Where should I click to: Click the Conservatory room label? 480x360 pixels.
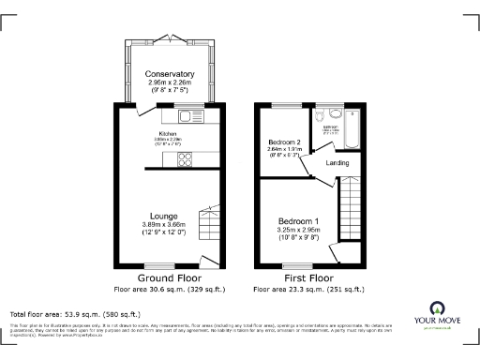[x=170, y=74]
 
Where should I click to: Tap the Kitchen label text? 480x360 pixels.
[x=168, y=134]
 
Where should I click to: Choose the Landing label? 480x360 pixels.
[x=337, y=163]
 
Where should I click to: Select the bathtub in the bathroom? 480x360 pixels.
[x=353, y=130]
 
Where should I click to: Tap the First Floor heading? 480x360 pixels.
[x=308, y=279]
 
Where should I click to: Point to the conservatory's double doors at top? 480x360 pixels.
[x=170, y=37]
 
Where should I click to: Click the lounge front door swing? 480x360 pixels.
[x=214, y=260]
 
